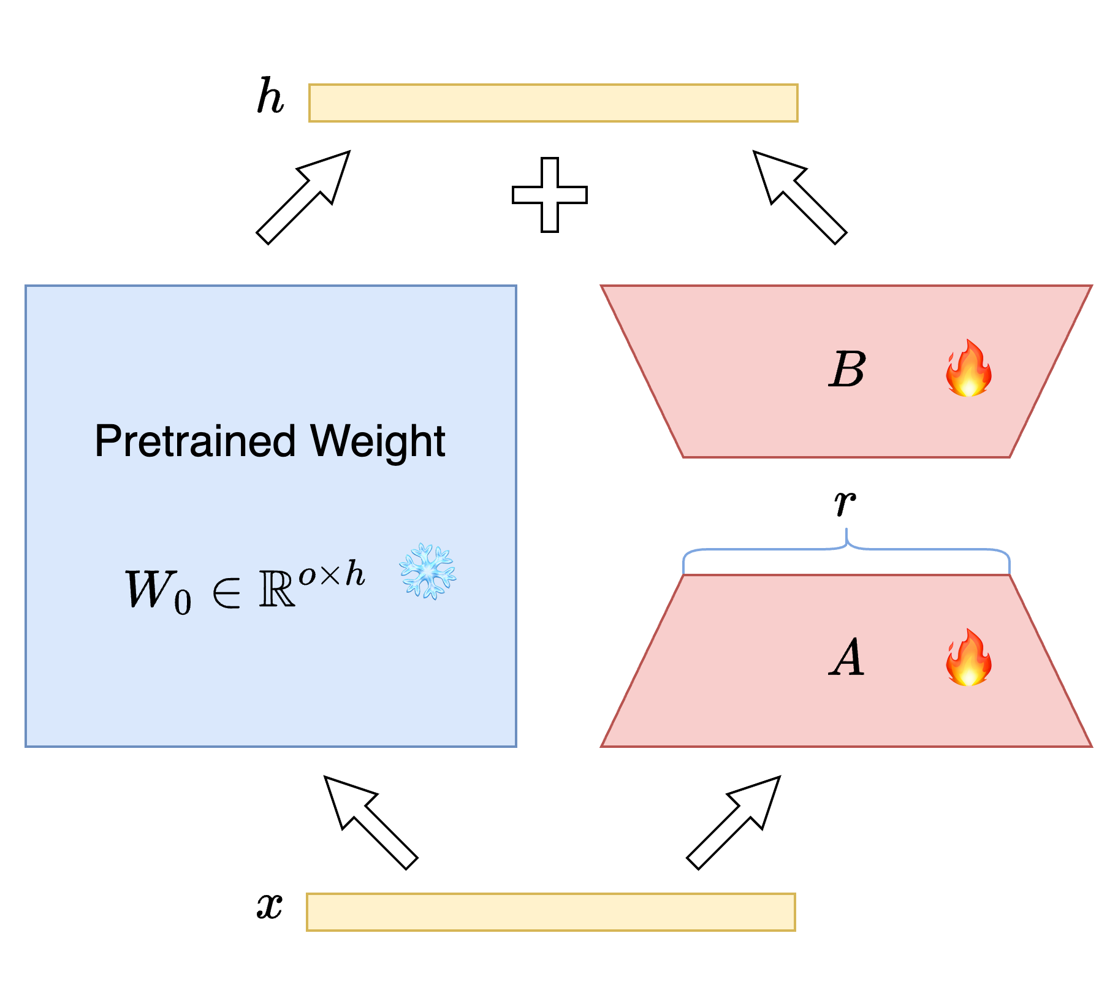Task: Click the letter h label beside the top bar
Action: coord(270,97)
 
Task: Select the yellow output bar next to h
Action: coord(553,103)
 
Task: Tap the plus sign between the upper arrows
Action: coord(550,195)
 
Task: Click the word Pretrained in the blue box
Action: coord(196,441)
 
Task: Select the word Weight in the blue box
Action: coord(378,441)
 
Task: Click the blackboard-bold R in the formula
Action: coord(277,589)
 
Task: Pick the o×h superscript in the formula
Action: coord(332,574)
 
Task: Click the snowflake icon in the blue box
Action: coord(428,571)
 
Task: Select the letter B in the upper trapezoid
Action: coord(847,370)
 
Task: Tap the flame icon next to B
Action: coord(968,368)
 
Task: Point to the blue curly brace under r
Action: coord(846,549)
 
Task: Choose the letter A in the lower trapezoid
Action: coord(847,658)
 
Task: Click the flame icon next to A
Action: coord(968,658)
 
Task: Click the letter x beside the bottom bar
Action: coord(270,905)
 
